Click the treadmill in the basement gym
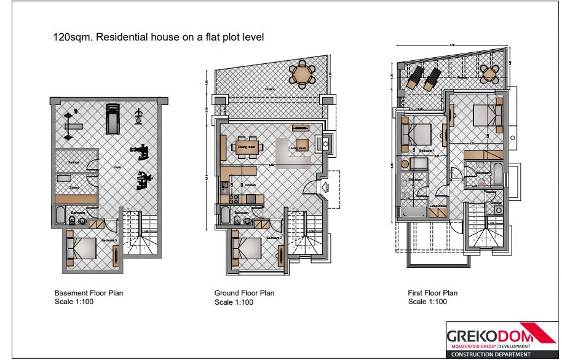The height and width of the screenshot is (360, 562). pyautogui.click(x=111, y=118)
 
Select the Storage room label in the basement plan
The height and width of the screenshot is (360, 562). pyautogui.click(x=74, y=162)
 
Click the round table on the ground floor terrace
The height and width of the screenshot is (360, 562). pyautogui.click(x=302, y=74)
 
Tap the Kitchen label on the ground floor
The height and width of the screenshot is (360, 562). pyautogui.click(x=251, y=185)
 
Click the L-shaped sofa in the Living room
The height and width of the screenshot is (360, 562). pyautogui.click(x=289, y=154)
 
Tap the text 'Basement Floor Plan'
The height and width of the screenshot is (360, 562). pyautogui.click(x=89, y=293)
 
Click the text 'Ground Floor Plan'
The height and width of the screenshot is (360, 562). pyautogui.click(x=244, y=293)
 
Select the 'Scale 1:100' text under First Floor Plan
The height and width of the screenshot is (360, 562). pyautogui.click(x=427, y=302)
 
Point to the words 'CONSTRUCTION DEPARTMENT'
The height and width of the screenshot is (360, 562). pyautogui.click(x=491, y=354)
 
